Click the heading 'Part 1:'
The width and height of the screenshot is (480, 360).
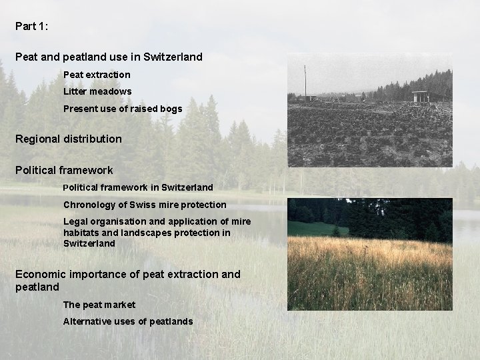[x=31, y=27]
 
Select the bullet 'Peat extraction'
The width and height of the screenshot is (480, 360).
[x=97, y=75]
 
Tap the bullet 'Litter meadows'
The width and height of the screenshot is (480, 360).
[x=97, y=91]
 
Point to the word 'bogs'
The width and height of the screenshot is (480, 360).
[x=170, y=109]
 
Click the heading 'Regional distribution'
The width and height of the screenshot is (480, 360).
[x=69, y=139]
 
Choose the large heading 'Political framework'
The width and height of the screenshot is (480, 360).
[x=64, y=171]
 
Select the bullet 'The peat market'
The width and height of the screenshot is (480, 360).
[x=99, y=305]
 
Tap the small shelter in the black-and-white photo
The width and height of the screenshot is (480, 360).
[x=421, y=97]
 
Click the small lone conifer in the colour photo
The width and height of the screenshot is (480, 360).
[x=336, y=231]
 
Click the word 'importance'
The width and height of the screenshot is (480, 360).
[x=100, y=274]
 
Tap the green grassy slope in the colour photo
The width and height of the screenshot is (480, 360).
[x=310, y=229]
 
